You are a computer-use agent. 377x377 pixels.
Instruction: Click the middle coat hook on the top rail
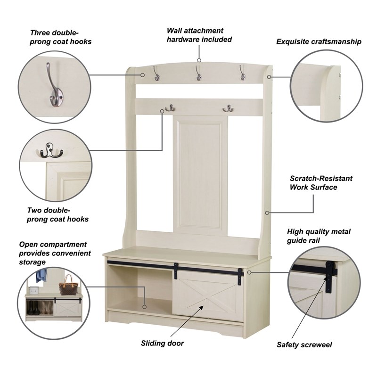click(198, 73)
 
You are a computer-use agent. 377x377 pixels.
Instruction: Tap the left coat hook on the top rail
click(156, 73)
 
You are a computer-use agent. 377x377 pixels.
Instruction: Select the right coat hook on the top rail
click(242, 73)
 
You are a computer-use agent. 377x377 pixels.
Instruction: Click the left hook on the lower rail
click(170, 109)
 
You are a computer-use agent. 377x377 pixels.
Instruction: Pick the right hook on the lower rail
click(229, 109)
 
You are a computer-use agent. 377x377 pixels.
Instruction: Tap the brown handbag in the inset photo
click(67, 286)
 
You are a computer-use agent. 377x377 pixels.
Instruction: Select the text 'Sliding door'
click(163, 343)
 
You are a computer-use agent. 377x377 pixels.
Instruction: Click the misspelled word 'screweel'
click(317, 345)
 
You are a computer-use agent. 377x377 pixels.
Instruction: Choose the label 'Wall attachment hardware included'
click(199, 35)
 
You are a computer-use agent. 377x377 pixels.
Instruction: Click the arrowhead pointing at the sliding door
click(202, 308)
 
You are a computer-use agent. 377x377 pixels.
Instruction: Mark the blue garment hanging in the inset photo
click(41, 275)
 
